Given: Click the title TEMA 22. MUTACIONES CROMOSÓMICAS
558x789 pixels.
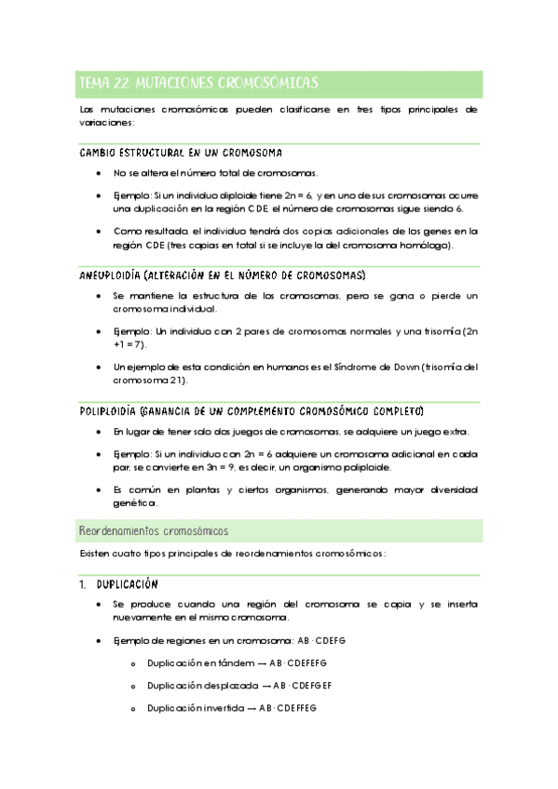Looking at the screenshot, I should click(198, 83).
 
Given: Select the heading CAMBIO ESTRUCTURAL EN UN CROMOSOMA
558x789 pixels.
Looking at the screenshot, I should click(182, 154).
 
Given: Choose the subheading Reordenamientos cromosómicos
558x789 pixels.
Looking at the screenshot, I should click(155, 530).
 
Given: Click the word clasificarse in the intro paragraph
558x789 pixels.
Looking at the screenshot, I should click(272, 110).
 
